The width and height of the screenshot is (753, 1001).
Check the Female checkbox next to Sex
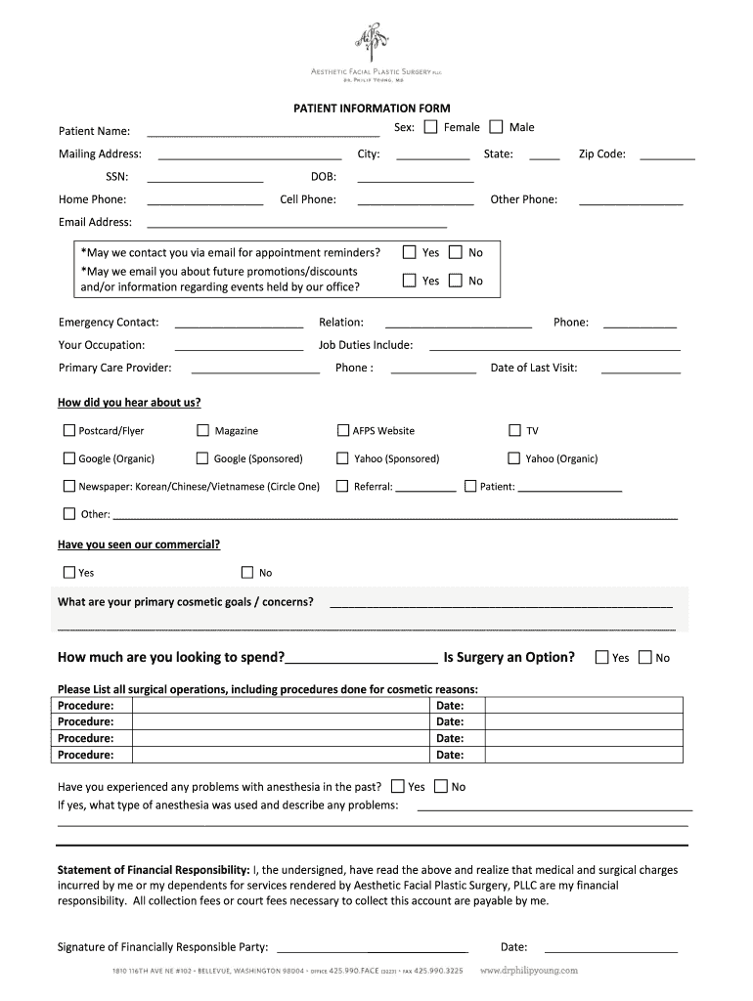(x=431, y=127)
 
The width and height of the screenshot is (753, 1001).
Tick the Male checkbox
(x=496, y=127)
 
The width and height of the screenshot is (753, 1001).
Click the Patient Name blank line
(x=262, y=133)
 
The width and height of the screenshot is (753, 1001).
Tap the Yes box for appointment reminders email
(x=410, y=252)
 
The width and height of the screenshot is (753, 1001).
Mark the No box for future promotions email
(x=456, y=281)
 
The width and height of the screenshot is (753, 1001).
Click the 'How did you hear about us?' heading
(x=129, y=402)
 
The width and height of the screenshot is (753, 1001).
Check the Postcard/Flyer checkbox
(x=69, y=430)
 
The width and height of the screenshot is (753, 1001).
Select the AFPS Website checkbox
(x=343, y=430)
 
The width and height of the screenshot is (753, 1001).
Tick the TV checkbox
(x=515, y=430)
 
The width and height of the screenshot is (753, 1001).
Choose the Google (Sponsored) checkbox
(x=203, y=457)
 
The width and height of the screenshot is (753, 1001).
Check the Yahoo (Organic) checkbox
(x=514, y=457)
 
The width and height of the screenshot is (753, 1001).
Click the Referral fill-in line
(x=425, y=488)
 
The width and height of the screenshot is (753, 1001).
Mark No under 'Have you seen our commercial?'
(x=247, y=572)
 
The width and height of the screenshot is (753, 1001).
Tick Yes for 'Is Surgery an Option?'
(x=601, y=657)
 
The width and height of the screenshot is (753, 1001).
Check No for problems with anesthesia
(x=440, y=786)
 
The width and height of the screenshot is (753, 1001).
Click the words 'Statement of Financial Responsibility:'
(x=154, y=869)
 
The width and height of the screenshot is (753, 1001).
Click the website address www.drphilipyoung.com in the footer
(x=530, y=971)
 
